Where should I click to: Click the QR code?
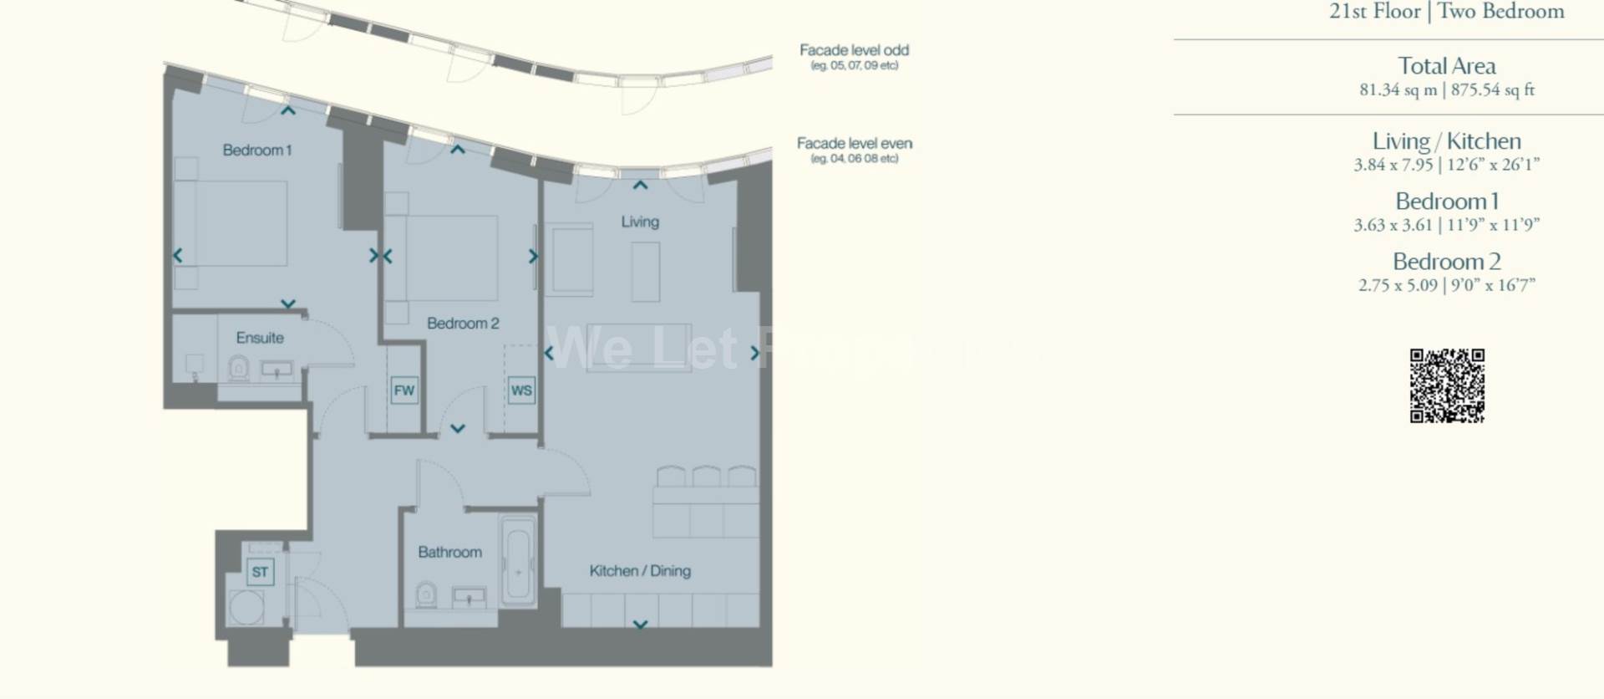[1447, 385]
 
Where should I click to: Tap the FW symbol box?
[404, 390]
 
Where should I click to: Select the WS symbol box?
[521, 390]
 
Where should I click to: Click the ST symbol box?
[260, 572]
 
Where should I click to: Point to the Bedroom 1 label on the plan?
[256, 151]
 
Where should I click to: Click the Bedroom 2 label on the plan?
[463, 324]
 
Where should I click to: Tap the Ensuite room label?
[260, 338]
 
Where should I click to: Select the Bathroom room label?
[449, 552]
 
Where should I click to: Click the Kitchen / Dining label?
[640, 571]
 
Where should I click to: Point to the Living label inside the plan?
[640, 222]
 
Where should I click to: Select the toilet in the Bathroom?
[425, 595]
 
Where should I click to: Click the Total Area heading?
[1447, 66]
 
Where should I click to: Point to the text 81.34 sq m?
[1398, 90]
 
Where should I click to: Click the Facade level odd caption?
[854, 51]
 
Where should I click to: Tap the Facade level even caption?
[854, 144]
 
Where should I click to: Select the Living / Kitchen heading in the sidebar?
[1447, 141]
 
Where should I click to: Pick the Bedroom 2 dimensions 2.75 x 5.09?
[1398, 285]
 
